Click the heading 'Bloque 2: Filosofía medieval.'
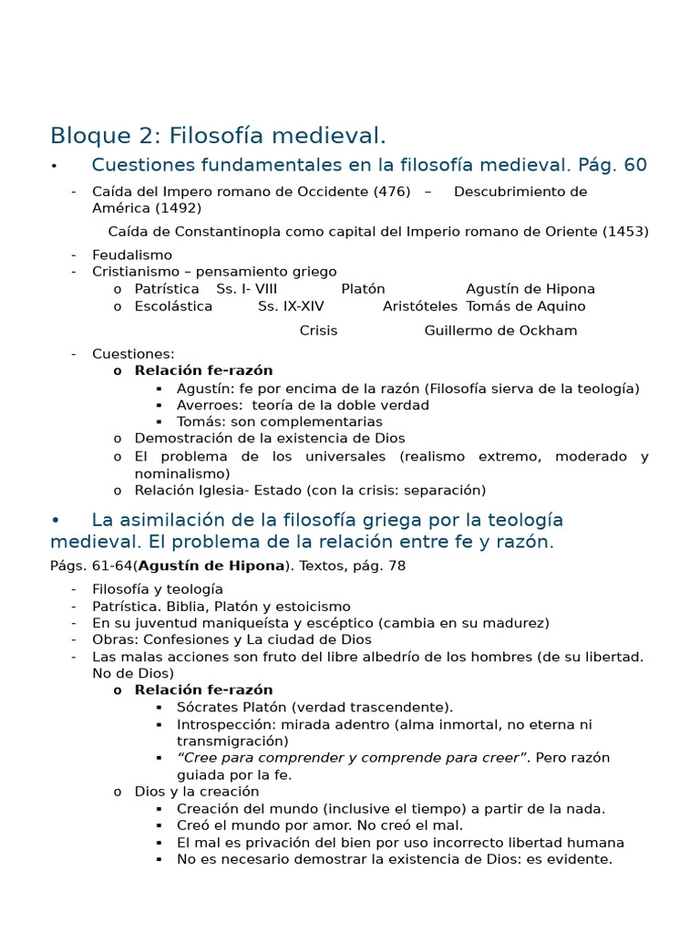tap(218, 136)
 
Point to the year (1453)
tap(625, 232)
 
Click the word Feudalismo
tap(132, 255)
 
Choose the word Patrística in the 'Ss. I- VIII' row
tap(167, 289)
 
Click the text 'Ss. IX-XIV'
tap(291, 306)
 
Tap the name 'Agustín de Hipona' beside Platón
tap(530, 289)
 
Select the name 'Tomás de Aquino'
tap(526, 306)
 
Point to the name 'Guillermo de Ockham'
tap(500, 330)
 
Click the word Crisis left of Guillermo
tap(318, 330)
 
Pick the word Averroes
tap(210, 405)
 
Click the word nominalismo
tap(182, 473)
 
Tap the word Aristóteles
tap(420, 306)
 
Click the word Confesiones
tap(180, 639)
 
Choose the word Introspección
tap(225, 724)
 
